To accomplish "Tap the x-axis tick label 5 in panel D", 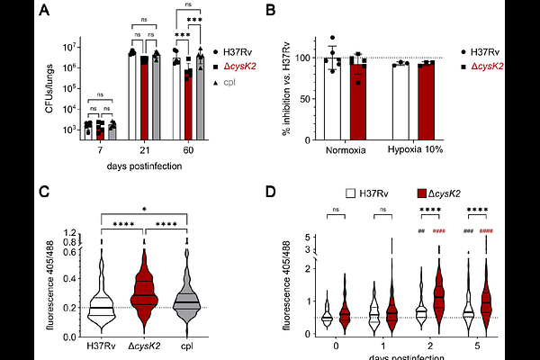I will tap(476, 344).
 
